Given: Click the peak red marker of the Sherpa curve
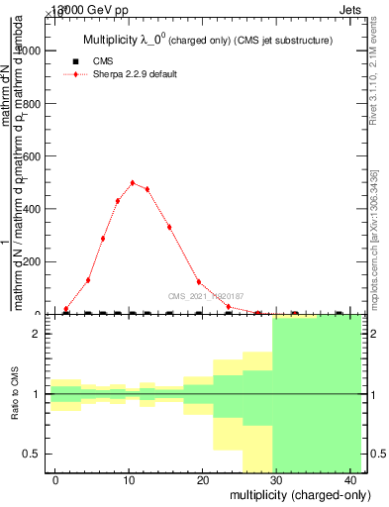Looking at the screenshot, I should point(133,182).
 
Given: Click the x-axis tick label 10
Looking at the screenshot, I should point(129,480).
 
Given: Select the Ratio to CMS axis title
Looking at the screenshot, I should point(16,395).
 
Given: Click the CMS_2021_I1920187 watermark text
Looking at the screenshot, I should point(206,296).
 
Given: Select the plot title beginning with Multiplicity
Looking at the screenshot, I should point(205,40).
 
